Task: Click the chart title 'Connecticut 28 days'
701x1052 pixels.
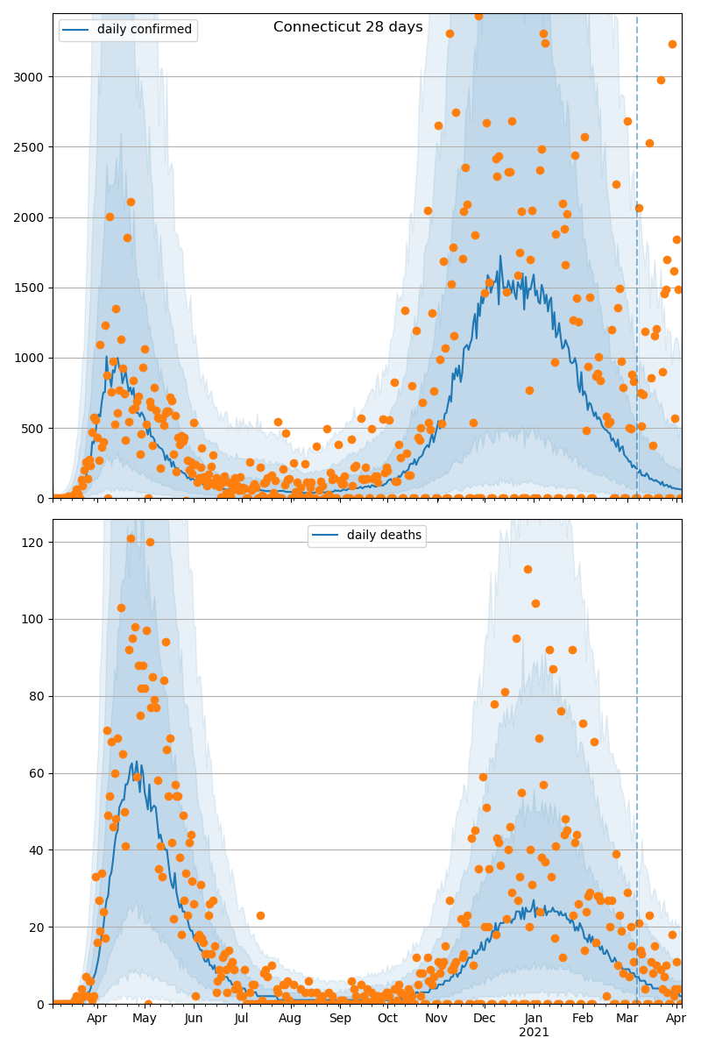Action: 348,27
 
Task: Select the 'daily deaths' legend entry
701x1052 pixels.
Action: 383,536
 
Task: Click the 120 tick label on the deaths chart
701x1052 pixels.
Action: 32,543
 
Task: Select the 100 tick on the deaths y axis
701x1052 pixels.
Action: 32,619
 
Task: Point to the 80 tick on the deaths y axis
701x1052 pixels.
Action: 36,696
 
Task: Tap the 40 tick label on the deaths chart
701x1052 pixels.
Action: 36,850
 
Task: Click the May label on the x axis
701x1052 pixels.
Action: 145,1019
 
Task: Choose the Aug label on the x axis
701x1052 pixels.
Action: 290,1019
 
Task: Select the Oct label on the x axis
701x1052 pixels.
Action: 387,1019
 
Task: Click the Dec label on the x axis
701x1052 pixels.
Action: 485,1019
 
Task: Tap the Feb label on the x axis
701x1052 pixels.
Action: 583,1019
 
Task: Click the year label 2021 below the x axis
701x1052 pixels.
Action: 534,1033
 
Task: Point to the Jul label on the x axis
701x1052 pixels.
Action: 242,1019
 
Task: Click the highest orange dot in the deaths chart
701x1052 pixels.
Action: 131,538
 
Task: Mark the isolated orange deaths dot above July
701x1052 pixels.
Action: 260,915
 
